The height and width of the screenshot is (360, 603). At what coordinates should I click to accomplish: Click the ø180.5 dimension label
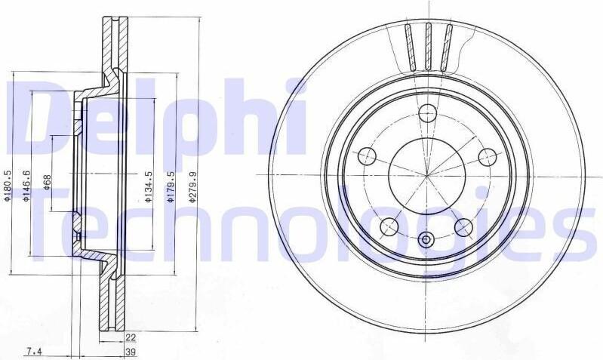click(x=7, y=186)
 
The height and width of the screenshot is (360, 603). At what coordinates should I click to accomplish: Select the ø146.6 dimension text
click(x=26, y=186)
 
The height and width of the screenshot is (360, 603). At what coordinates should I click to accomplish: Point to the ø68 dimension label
click(x=47, y=182)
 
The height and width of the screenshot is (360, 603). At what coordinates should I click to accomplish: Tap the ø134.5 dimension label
click(x=149, y=187)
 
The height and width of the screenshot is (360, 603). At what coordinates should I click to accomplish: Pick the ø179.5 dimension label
click(x=171, y=187)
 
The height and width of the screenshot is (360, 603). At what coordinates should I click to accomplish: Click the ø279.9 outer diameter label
click(x=193, y=187)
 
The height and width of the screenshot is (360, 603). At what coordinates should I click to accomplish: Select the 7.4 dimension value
click(x=33, y=352)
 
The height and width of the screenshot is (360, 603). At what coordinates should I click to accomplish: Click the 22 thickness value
click(x=131, y=337)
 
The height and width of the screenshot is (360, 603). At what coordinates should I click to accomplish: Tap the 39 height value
click(x=131, y=352)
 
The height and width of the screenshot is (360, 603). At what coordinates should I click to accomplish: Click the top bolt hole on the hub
click(x=427, y=112)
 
